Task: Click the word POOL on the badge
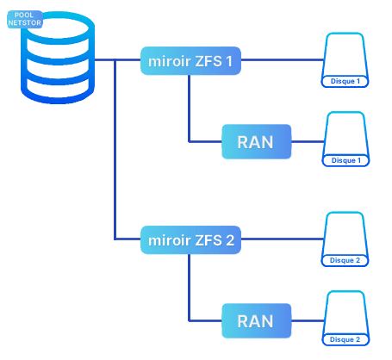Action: tap(24, 15)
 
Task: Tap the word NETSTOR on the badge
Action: tap(25, 22)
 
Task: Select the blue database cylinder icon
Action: tap(58, 58)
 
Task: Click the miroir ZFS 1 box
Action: tap(190, 61)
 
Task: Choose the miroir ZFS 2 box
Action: tap(190, 240)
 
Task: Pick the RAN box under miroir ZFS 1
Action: tap(257, 141)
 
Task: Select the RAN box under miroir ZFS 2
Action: tap(257, 320)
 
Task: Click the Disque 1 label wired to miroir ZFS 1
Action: tap(345, 81)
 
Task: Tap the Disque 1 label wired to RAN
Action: tap(346, 160)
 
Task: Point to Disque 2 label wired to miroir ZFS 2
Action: tap(345, 260)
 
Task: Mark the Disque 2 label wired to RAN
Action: tap(345, 339)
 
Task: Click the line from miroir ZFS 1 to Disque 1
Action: tap(283, 60)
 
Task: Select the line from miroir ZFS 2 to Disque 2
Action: tap(283, 239)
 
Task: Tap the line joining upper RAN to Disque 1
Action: tap(308, 141)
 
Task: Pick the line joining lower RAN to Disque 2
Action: tap(308, 320)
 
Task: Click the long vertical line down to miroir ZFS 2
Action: tap(115, 149)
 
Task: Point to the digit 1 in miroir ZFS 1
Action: tap(229, 61)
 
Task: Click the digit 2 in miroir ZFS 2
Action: tap(230, 240)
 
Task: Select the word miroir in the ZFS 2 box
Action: tap(170, 240)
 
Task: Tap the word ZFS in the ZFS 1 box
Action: tap(208, 61)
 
